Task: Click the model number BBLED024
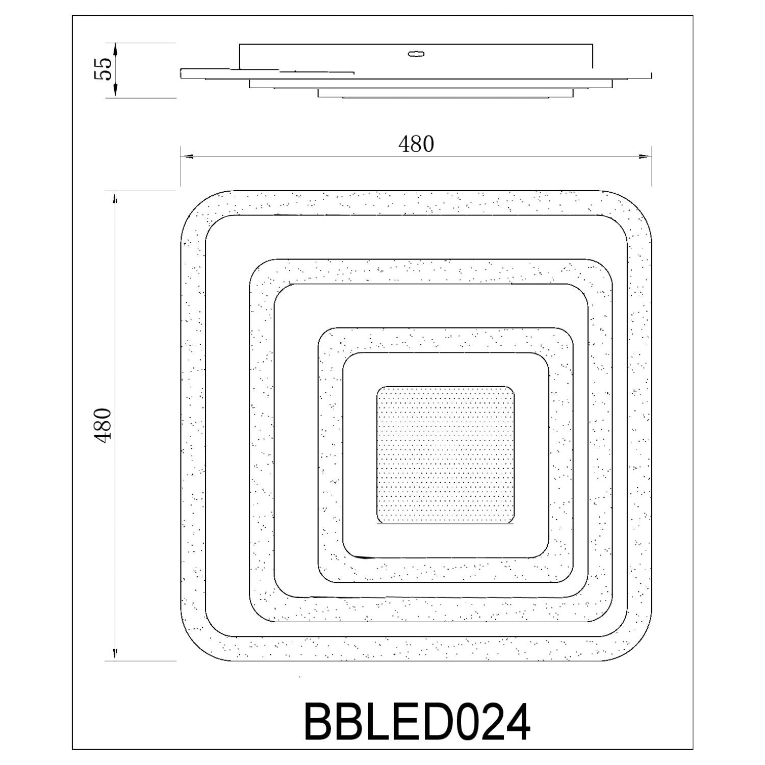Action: [417, 722]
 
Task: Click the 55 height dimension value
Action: [103, 69]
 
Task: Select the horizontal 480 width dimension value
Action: [416, 144]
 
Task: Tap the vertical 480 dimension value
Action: [103, 425]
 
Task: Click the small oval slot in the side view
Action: [416, 54]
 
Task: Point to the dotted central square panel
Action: [445, 455]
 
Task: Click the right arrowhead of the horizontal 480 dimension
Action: [645, 157]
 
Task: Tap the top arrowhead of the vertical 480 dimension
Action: [115, 198]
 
